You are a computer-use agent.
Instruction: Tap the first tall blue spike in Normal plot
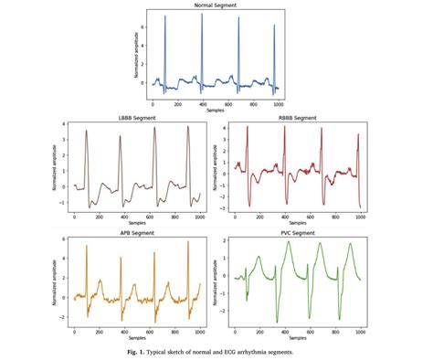point(165,17)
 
